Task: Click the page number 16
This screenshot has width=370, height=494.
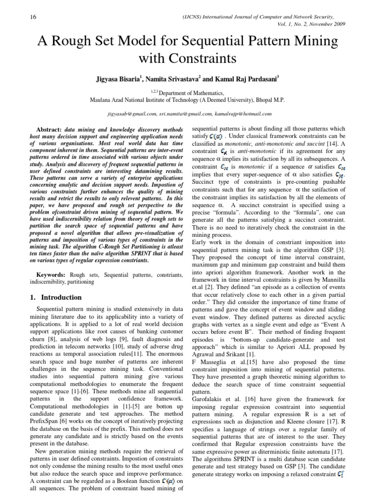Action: click(x=20, y=17)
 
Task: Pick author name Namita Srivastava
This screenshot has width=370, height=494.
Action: click(x=185, y=77)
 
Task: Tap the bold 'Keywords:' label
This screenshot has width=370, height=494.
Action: click(x=54, y=274)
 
